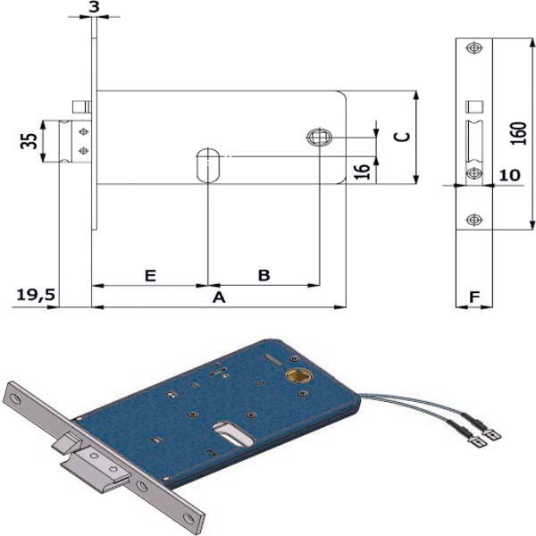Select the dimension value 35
point(28,141)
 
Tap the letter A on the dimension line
point(218,297)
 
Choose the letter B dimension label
point(264,275)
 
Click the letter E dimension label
point(150,275)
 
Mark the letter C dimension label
point(402,136)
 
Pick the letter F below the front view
point(474,296)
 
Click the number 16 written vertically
point(362,171)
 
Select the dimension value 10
point(509,176)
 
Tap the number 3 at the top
point(94,7)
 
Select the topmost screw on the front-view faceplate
point(473,48)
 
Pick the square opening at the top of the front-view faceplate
point(474,106)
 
